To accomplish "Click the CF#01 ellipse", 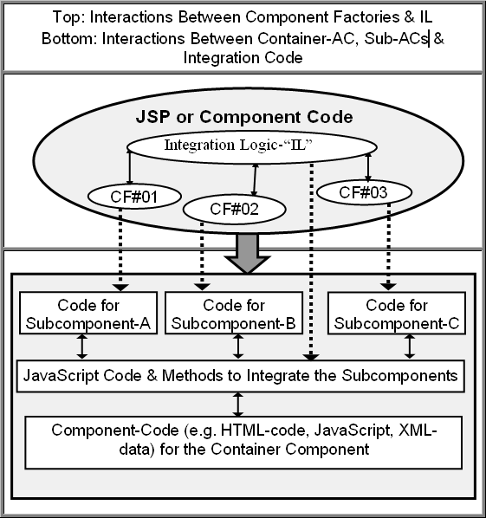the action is (x=134, y=197).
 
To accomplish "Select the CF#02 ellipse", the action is (x=234, y=209).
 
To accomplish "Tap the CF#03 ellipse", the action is (x=364, y=192).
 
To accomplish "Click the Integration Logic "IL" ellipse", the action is (x=252, y=146).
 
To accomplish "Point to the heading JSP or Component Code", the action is (x=244, y=117).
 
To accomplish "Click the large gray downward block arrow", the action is (x=247, y=253).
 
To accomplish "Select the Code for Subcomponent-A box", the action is (x=88, y=313).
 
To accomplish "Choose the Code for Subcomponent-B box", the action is (x=234, y=313).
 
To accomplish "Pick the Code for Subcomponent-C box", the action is (x=397, y=313).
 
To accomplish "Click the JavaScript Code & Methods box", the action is (x=241, y=376).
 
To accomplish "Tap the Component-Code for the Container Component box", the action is (x=243, y=443).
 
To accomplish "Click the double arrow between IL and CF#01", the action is (x=129, y=166).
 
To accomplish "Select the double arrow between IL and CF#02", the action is (x=255, y=179).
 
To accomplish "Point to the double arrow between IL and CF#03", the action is (x=368, y=167).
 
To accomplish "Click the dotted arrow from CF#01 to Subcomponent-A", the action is (x=120, y=249).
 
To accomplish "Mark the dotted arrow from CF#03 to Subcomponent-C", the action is (x=388, y=247).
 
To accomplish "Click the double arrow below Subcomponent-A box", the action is (x=82, y=346).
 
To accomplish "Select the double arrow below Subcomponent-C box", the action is (x=410, y=346).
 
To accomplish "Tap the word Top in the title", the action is (x=68, y=17).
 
